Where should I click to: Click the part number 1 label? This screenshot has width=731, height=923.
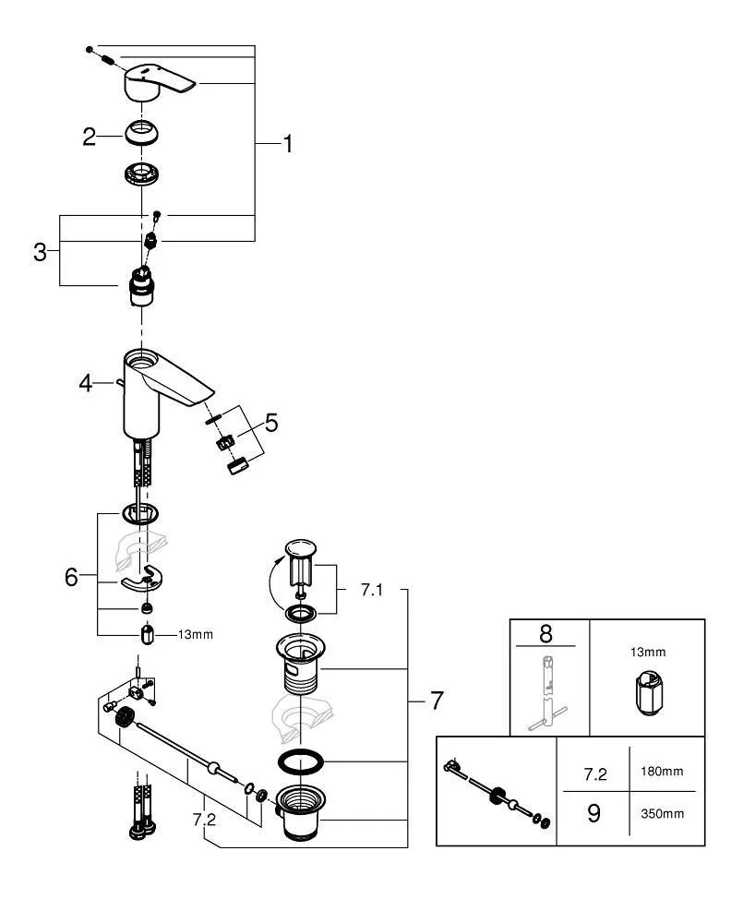click(287, 144)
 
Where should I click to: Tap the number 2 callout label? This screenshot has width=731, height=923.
click(89, 138)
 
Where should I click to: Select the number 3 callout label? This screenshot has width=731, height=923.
click(40, 252)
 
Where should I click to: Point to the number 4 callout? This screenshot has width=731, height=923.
click(86, 381)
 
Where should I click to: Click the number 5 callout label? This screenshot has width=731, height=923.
click(270, 423)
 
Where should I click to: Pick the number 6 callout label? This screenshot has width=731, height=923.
click(72, 578)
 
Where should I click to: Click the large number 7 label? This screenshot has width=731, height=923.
click(435, 701)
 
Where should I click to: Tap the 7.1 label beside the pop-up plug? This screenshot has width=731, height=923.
click(370, 590)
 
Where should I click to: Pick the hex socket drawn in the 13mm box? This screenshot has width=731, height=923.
click(648, 696)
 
